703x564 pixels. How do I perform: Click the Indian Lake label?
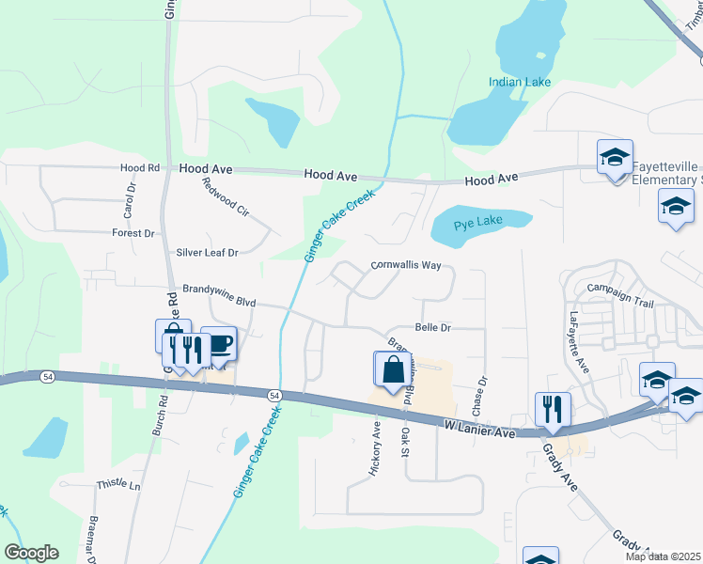pos(519,83)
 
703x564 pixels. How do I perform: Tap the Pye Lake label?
pos(478,223)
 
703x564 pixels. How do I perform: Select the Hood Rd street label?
pos(140,168)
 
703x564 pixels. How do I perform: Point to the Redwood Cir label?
pos(225,198)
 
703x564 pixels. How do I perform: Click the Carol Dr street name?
pos(130,196)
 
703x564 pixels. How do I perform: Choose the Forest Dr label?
pos(133,233)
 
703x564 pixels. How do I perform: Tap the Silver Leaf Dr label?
pos(208,253)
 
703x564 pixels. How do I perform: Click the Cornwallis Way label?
pos(406,266)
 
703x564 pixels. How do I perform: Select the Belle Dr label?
pos(433,328)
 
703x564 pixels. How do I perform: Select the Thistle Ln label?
pos(117,486)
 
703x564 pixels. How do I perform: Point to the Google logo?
pos(31,553)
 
